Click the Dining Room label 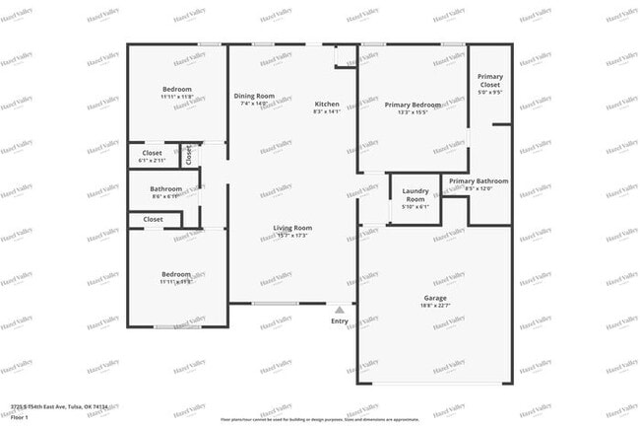click(x=254, y=96)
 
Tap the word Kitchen click(x=327, y=105)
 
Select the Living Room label click(x=292, y=228)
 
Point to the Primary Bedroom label click(x=412, y=105)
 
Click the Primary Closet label click(x=489, y=81)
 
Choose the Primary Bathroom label click(x=479, y=181)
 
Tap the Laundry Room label click(x=415, y=195)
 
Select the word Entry click(x=340, y=321)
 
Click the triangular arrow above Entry click(x=340, y=310)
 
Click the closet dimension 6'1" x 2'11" click(x=153, y=160)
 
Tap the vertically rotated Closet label click(x=189, y=155)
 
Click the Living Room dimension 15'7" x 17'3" click(x=292, y=236)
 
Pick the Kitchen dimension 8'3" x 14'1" click(x=327, y=112)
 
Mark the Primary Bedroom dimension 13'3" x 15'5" click(x=412, y=112)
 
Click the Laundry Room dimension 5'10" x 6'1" click(x=415, y=207)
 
